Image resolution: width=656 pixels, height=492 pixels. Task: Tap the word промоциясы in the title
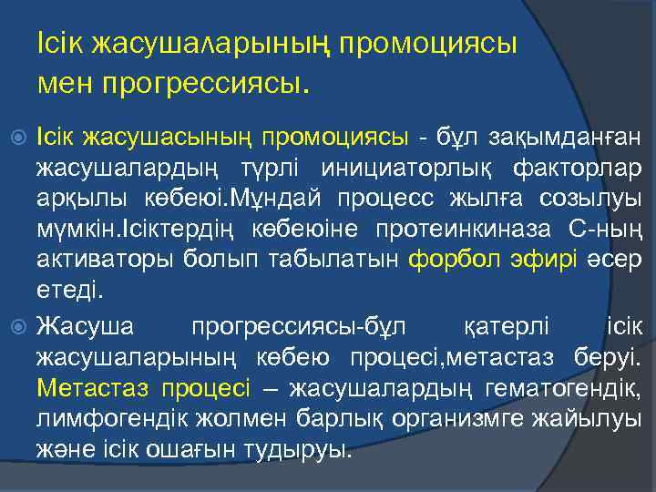(427, 44)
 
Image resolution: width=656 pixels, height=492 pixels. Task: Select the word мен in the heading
(67, 85)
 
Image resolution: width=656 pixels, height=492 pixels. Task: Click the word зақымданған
(557, 138)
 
